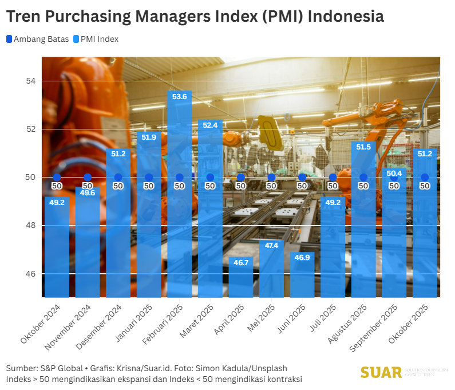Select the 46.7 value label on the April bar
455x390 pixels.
pos(240,262)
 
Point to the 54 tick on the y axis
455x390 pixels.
pos(30,81)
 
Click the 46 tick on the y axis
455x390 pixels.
pos(30,274)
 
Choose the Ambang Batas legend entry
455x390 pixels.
pos(38,39)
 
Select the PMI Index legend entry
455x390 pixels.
pos(96,39)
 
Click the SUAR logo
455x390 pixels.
pos(381,372)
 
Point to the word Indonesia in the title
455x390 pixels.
pos(346,16)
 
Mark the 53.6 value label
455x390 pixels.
pos(179,97)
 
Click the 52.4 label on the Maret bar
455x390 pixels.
pos(210,125)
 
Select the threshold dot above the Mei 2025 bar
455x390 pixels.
pos(271,178)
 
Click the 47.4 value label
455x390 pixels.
pos(271,246)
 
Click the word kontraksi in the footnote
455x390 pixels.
pos(283,379)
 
